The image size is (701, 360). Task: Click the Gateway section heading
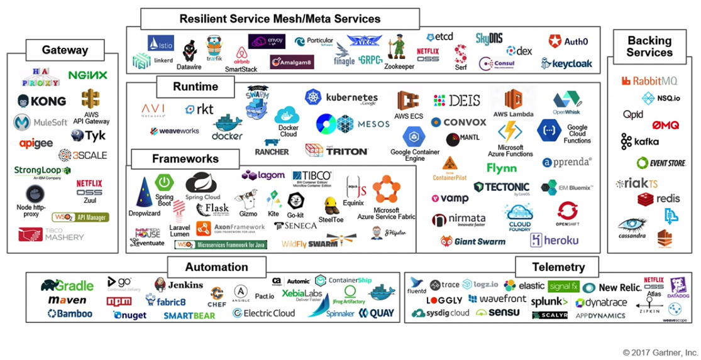click(x=65, y=50)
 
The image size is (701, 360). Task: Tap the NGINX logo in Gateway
click(x=88, y=75)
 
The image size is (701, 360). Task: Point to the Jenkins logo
click(x=179, y=285)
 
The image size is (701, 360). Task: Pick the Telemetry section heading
click(x=558, y=267)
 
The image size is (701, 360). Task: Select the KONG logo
click(x=42, y=101)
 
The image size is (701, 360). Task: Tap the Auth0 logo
click(x=568, y=42)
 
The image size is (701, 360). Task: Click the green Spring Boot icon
click(x=164, y=183)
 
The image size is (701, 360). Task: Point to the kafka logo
click(x=641, y=141)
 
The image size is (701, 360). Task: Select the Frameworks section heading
click(x=185, y=159)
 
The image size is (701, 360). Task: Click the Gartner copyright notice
click(x=660, y=352)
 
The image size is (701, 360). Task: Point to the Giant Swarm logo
click(x=473, y=241)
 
